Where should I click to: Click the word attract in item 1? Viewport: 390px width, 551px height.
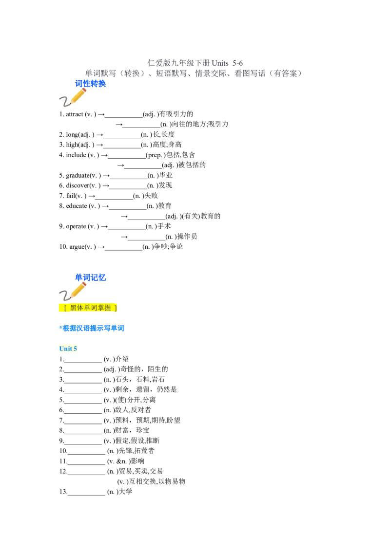(x=75, y=114)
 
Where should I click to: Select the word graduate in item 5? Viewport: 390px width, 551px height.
(x=78, y=175)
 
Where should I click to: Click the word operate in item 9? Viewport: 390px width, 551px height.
(x=76, y=227)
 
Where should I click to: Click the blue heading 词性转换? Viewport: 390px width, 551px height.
(x=91, y=84)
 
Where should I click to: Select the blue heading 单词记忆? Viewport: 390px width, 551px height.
(x=91, y=277)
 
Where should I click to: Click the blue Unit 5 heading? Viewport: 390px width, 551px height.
(x=68, y=349)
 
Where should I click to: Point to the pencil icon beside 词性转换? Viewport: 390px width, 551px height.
(x=73, y=97)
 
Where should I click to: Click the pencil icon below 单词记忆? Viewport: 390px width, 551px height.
(x=73, y=291)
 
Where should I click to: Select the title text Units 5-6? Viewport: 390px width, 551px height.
(x=227, y=63)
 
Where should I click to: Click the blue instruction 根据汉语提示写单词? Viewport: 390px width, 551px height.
(x=93, y=328)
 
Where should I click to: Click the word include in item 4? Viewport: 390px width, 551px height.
(x=76, y=155)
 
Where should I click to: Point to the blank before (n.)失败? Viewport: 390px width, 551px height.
(x=114, y=198)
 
